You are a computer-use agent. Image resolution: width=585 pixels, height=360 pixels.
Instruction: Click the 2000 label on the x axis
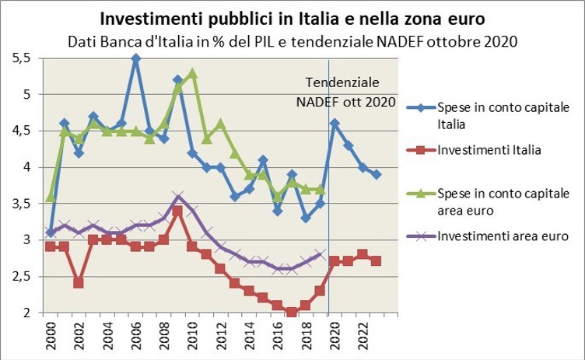coord(51,334)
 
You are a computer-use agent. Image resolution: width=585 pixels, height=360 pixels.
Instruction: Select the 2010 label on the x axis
coord(192,334)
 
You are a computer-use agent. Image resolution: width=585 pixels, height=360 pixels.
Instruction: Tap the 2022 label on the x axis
coord(363,334)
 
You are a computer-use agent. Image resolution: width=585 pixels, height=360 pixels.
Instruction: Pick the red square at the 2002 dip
coord(79,283)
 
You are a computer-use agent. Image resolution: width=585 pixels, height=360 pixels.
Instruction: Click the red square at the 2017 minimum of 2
coord(291,313)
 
